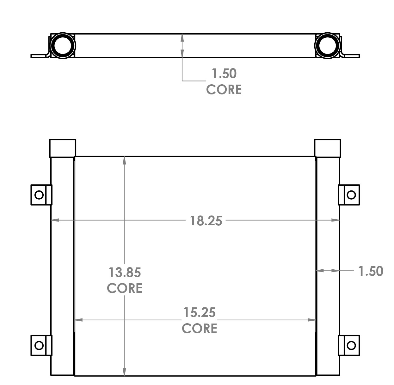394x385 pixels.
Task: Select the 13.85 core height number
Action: [125, 272]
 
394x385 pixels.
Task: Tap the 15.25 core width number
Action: [200, 312]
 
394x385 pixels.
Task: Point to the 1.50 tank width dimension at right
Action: [370, 271]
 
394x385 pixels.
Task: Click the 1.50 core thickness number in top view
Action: [224, 74]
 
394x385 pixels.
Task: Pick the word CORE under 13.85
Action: [125, 288]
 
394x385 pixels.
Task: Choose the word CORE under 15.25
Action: [200, 328]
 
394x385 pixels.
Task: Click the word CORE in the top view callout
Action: [224, 89]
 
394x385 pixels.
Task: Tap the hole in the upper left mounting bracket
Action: [39, 195]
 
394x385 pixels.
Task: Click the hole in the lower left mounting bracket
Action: [39, 345]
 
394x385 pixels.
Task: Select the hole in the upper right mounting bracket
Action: [351, 195]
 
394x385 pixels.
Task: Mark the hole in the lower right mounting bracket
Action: [351, 345]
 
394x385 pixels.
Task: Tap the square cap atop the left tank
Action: [63, 148]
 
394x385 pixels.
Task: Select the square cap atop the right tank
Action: [328, 148]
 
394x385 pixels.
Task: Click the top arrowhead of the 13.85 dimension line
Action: [125, 160]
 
